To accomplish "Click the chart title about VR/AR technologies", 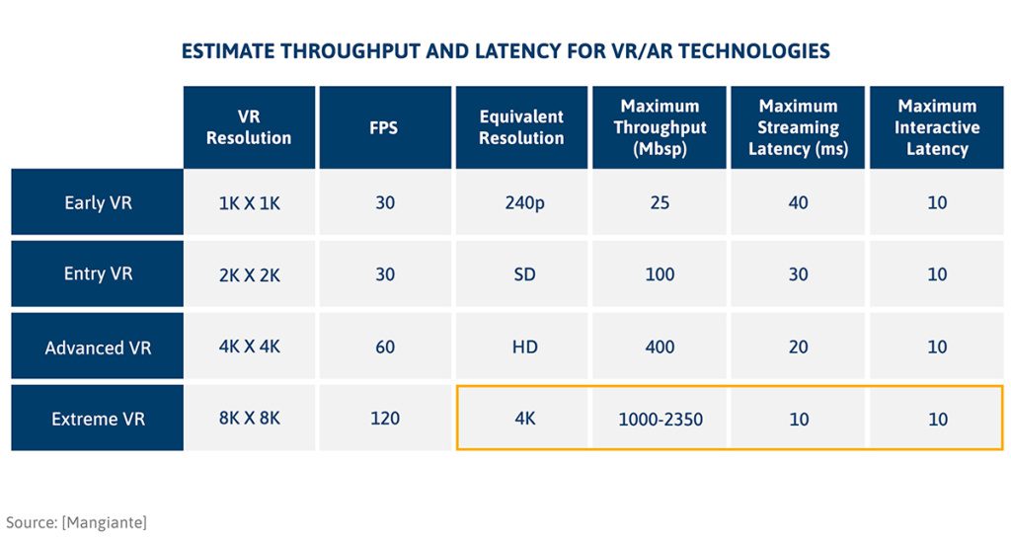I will pyautogui.click(x=505, y=51).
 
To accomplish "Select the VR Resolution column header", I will pyautogui.click(x=249, y=127).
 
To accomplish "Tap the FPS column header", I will pyautogui.click(x=384, y=127).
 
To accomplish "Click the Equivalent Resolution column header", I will pyautogui.click(x=521, y=127).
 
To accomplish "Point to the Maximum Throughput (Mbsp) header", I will pyautogui.click(x=660, y=127).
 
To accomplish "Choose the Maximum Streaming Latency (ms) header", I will pyautogui.click(x=798, y=127).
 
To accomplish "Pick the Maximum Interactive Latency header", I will pyautogui.click(x=936, y=127).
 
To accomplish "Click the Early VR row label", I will pyautogui.click(x=98, y=202).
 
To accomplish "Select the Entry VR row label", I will pyautogui.click(x=98, y=274).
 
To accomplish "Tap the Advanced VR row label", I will pyautogui.click(x=98, y=348).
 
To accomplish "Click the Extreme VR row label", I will pyautogui.click(x=98, y=420).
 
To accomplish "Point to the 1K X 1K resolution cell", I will pyautogui.click(x=249, y=202).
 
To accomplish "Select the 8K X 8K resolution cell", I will pyautogui.click(x=249, y=419).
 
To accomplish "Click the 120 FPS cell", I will pyautogui.click(x=384, y=419).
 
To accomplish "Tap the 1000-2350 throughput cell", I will pyautogui.click(x=660, y=420).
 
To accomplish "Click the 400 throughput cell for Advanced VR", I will pyautogui.click(x=660, y=347).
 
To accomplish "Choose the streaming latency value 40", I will pyautogui.click(x=798, y=202).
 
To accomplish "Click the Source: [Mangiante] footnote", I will pyautogui.click(x=76, y=521).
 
